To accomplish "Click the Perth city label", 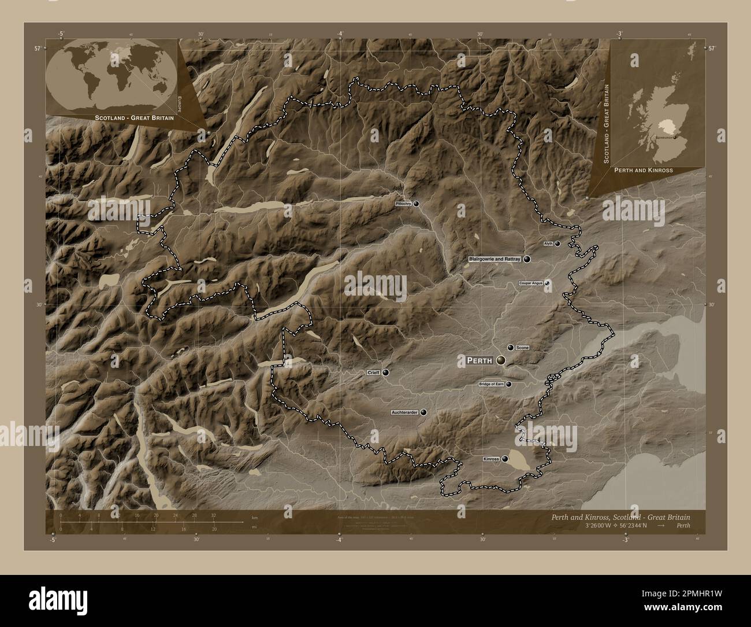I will pyautogui.click(x=479, y=360).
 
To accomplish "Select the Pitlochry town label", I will pyautogui.click(x=403, y=204).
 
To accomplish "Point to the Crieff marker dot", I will pyautogui.click(x=385, y=373).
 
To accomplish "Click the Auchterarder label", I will pyautogui.click(x=405, y=413).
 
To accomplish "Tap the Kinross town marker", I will pyautogui.click(x=505, y=459).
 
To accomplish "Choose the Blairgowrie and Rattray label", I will pyautogui.click(x=495, y=260).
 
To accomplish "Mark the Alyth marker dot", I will pyautogui.click(x=557, y=244).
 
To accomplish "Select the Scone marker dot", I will pyautogui.click(x=510, y=347).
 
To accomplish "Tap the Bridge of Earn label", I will pyautogui.click(x=492, y=384).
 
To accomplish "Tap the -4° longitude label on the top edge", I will pyautogui.click(x=340, y=34).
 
